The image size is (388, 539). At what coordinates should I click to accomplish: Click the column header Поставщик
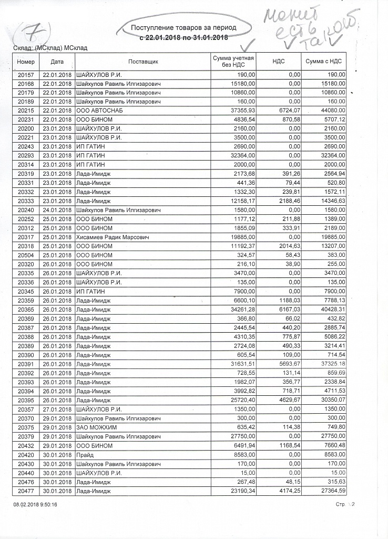click(143, 62)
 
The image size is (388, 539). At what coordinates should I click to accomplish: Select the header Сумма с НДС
click(325, 62)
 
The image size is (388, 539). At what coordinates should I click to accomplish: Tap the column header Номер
click(25, 62)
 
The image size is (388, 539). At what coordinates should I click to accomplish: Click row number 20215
click(25, 111)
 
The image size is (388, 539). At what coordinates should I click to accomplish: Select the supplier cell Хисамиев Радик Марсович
click(113, 237)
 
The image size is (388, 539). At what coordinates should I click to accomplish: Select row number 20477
click(25, 491)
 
